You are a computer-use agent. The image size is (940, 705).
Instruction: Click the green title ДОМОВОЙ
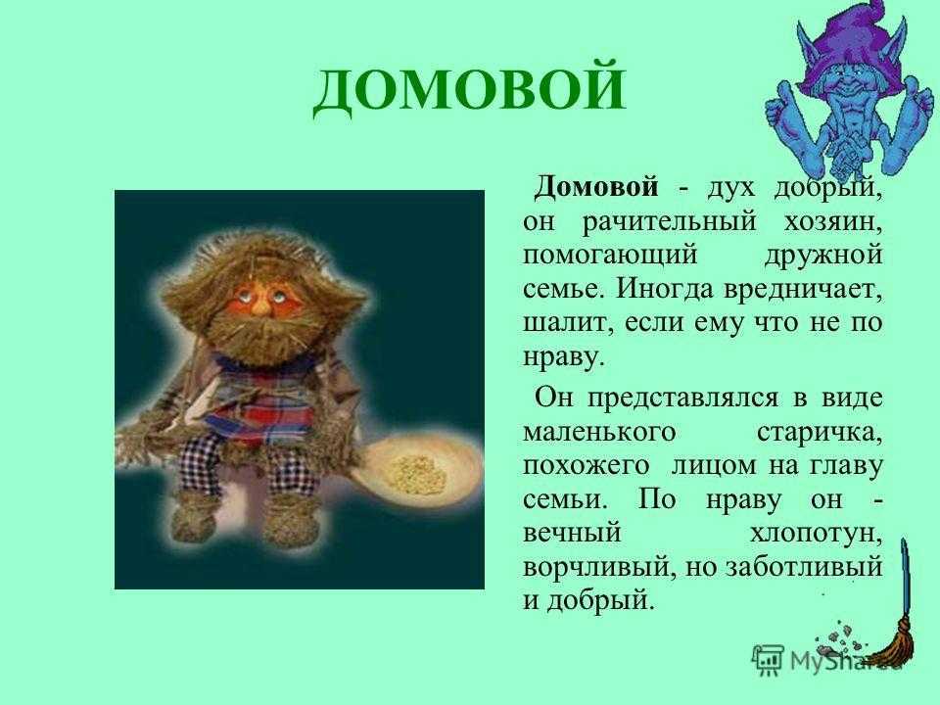pos(469,89)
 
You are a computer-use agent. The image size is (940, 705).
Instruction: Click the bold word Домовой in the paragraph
pos(596,187)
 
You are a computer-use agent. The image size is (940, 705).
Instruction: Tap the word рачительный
pos(670,221)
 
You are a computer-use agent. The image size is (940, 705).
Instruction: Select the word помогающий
pos(610,256)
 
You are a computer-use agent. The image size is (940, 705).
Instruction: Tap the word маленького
pos(599,433)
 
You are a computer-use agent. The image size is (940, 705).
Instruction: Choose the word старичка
pos(820,433)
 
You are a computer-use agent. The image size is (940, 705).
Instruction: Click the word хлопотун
pos(816,534)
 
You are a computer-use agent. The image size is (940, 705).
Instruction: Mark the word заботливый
pos(804,567)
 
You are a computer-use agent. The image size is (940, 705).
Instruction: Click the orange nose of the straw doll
pos(260,305)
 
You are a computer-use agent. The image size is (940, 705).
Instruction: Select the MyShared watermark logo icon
pos(768,660)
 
